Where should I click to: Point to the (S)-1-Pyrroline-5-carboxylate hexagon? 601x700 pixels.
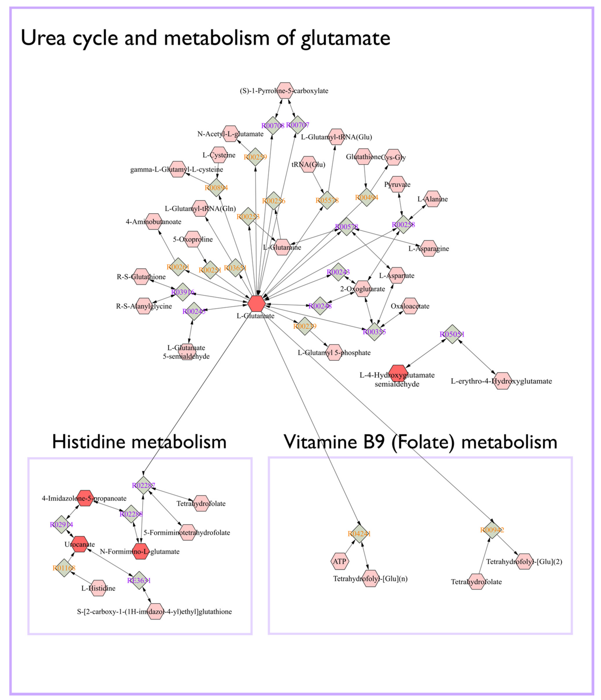click(x=285, y=91)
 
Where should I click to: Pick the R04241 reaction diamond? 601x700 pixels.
click(x=359, y=534)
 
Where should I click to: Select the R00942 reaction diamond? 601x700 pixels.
click(x=492, y=530)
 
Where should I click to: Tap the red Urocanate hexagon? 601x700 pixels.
click(x=80, y=544)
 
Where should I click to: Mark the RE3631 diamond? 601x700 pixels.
click(x=139, y=580)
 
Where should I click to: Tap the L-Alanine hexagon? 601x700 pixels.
click(x=433, y=199)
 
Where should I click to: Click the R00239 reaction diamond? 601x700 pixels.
click(x=305, y=326)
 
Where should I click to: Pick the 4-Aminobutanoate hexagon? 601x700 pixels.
click(x=154, y=222)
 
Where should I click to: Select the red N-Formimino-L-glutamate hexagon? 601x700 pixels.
click(x=140, y=551)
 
